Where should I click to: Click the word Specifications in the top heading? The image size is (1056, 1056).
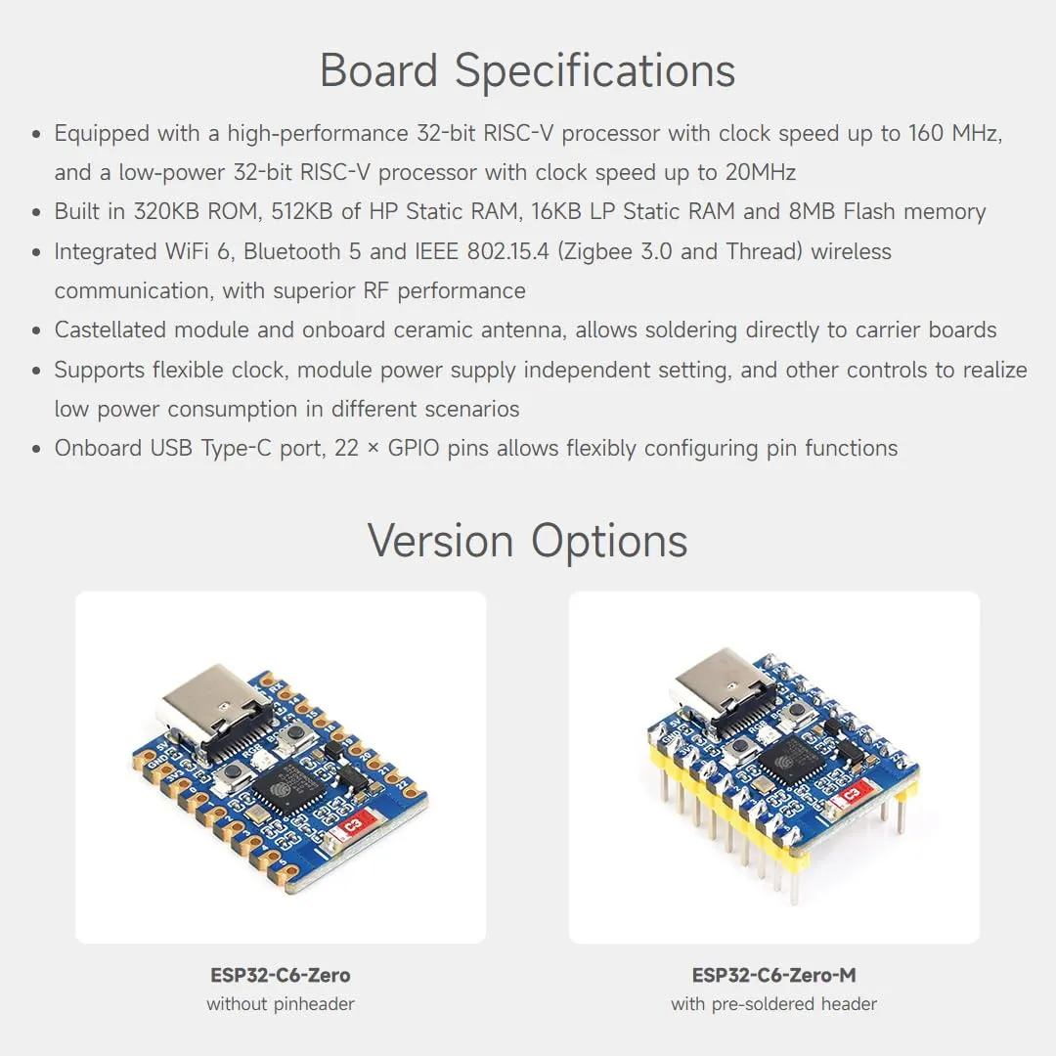pyautogui.click(x=594, y=71)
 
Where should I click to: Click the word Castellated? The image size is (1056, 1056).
pyautogui.click(x=110, y=330)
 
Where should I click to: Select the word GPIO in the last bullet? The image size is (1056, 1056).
pyautogui.click(x=414, y=448)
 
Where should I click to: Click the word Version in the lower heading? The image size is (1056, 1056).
pyautogui.click(x=440, y=541)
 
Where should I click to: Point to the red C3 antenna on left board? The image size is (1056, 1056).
pyautogui.click(x=352, y=823)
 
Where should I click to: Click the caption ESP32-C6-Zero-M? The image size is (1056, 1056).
pyautogui.click(x=773, y=975)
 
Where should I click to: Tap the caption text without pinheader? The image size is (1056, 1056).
pyautogui.click(x=281, y=1004)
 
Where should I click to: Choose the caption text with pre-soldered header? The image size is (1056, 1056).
pyautogui.click(x=773, y=1004)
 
